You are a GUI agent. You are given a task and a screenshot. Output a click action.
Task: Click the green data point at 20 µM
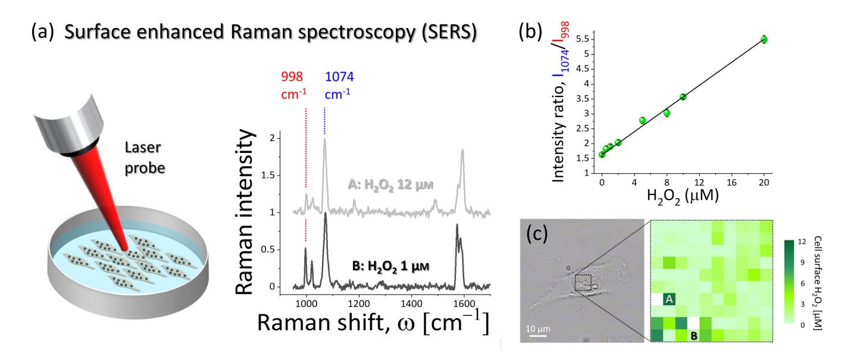point(764,39)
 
